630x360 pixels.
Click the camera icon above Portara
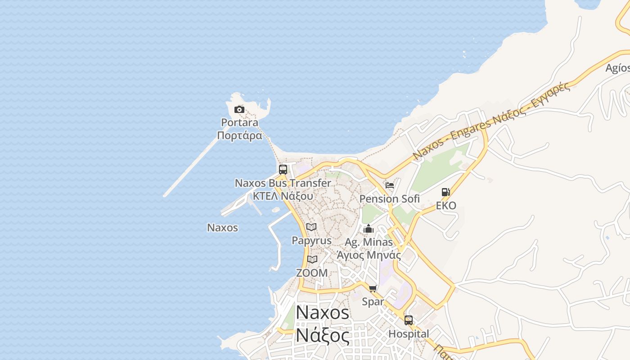239,109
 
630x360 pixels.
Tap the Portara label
239,122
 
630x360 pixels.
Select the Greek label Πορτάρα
239,135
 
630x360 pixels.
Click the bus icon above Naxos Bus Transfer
283,170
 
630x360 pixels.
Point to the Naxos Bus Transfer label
283,183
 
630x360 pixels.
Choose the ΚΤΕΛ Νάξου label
283,196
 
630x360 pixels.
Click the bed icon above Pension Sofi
390,185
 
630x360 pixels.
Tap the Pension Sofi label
390,198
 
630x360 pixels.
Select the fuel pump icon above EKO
446,192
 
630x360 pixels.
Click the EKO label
446,206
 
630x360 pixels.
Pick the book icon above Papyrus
311,227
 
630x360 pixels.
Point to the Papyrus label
311,240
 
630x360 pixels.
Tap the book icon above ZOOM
312,259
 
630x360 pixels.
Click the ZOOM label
312,273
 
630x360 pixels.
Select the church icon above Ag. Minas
369,229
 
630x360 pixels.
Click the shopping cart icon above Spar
373,288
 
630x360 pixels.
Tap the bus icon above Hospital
409,320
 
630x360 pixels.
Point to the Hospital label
409,334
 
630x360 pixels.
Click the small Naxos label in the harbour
222,228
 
